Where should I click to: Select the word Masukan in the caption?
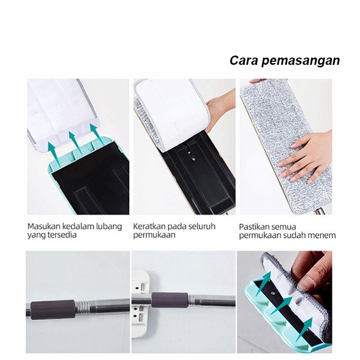tap(44, 226)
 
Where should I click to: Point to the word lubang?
tap(110, 226)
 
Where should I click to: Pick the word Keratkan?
tap(149, 226)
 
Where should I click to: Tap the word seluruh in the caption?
tap(201, 226)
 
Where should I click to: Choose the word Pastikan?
tap(256, 226)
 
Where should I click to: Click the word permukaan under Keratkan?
tap(154, 236)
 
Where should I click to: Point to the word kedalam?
tap(81, 226)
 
